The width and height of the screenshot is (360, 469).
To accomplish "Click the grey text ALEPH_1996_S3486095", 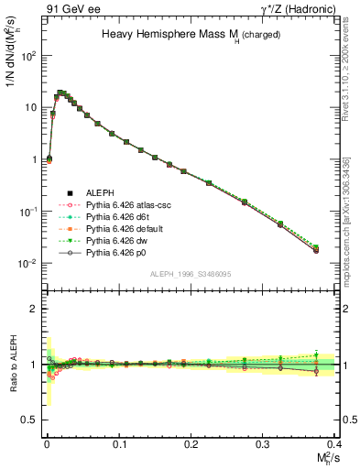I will click(x=191, y=274).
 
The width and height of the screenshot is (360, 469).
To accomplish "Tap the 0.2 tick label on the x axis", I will click(x=191, y=442).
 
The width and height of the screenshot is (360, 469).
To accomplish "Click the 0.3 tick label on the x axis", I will click(x=263, y=442).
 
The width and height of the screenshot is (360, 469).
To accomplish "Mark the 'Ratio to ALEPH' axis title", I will click(x=12, y=364).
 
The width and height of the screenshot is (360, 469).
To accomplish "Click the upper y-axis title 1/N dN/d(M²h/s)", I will click(x=12, y=55).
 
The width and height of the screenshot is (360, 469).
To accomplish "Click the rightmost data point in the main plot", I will click(x=316, y=248).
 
